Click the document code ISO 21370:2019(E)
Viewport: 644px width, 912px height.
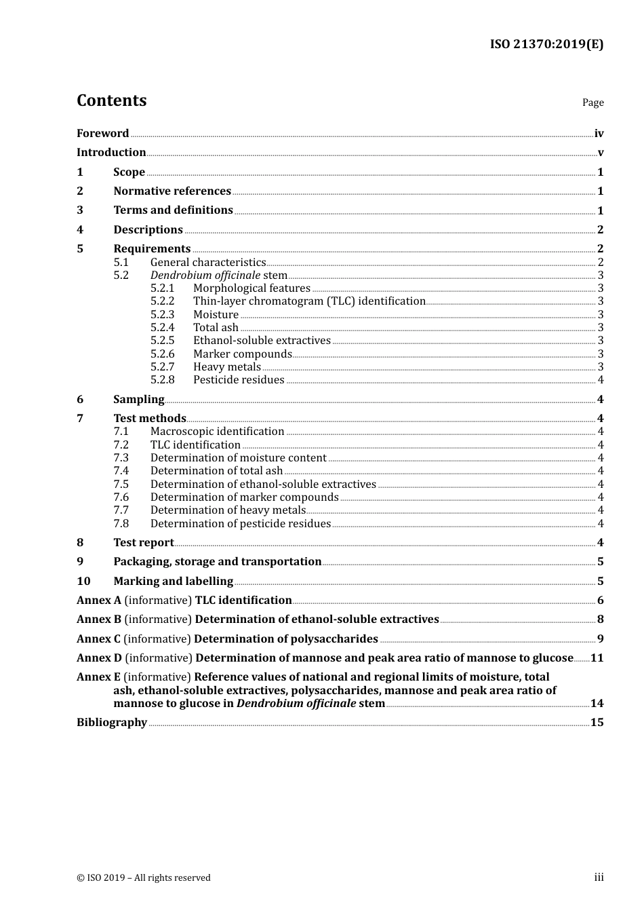[546, 45]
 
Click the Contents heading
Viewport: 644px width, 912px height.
[111, 100]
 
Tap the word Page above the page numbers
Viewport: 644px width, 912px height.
[592, 102]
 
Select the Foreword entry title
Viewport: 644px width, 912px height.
[102, 134]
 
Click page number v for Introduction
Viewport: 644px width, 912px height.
[600, 153]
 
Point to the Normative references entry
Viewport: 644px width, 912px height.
[172, 191]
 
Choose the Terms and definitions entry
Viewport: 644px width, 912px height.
[173, 210]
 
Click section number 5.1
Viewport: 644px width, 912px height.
[121, 263]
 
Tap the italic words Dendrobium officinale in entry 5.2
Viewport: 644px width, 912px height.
[205, 275]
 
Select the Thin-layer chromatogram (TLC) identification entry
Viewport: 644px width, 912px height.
[309, 301]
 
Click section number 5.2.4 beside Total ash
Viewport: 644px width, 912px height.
[162, 328]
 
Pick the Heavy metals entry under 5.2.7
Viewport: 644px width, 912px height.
[226, 367]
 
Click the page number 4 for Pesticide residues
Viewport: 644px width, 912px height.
[600, 380]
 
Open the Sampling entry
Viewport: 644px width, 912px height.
[138, 400]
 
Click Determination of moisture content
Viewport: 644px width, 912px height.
[238, 458]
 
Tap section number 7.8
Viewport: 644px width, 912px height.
[121, 524]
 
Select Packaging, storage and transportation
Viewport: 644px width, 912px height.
[217, 562]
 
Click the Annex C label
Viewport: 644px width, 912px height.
[99, 639]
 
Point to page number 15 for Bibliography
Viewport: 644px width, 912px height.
[597, 723]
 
